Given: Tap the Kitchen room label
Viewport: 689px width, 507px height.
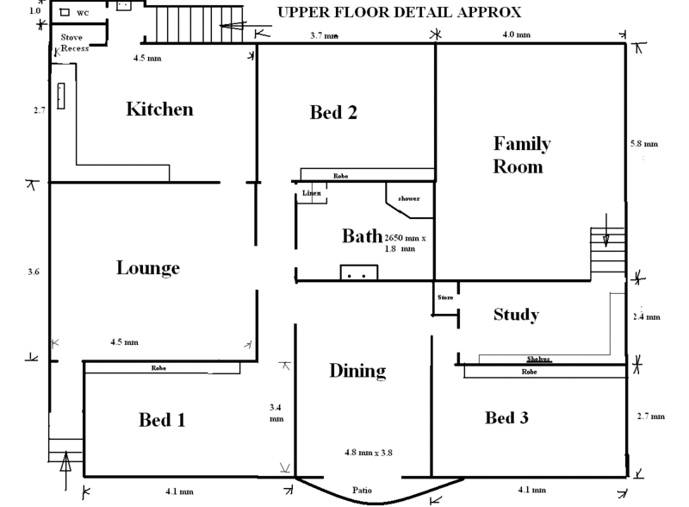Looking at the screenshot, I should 159,110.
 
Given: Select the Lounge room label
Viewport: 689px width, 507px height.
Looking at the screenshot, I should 147,268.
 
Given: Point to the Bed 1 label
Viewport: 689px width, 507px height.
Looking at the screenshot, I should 163,420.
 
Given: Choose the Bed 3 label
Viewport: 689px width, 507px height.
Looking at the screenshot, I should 506,418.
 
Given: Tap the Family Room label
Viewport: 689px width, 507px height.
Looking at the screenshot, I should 521,154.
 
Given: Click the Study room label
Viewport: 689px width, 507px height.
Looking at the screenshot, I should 516,315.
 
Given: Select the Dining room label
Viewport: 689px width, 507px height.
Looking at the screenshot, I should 357,372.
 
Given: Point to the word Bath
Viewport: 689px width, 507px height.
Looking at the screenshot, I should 361,236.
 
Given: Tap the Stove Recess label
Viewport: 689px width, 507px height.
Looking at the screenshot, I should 75,43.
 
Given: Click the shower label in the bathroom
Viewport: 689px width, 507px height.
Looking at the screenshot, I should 408,199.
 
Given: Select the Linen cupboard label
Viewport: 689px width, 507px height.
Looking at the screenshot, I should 311,193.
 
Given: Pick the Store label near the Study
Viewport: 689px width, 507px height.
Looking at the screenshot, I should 444,297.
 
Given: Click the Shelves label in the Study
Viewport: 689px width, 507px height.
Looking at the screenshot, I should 539,360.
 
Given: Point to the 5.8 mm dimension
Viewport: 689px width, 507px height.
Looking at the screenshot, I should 643,143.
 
